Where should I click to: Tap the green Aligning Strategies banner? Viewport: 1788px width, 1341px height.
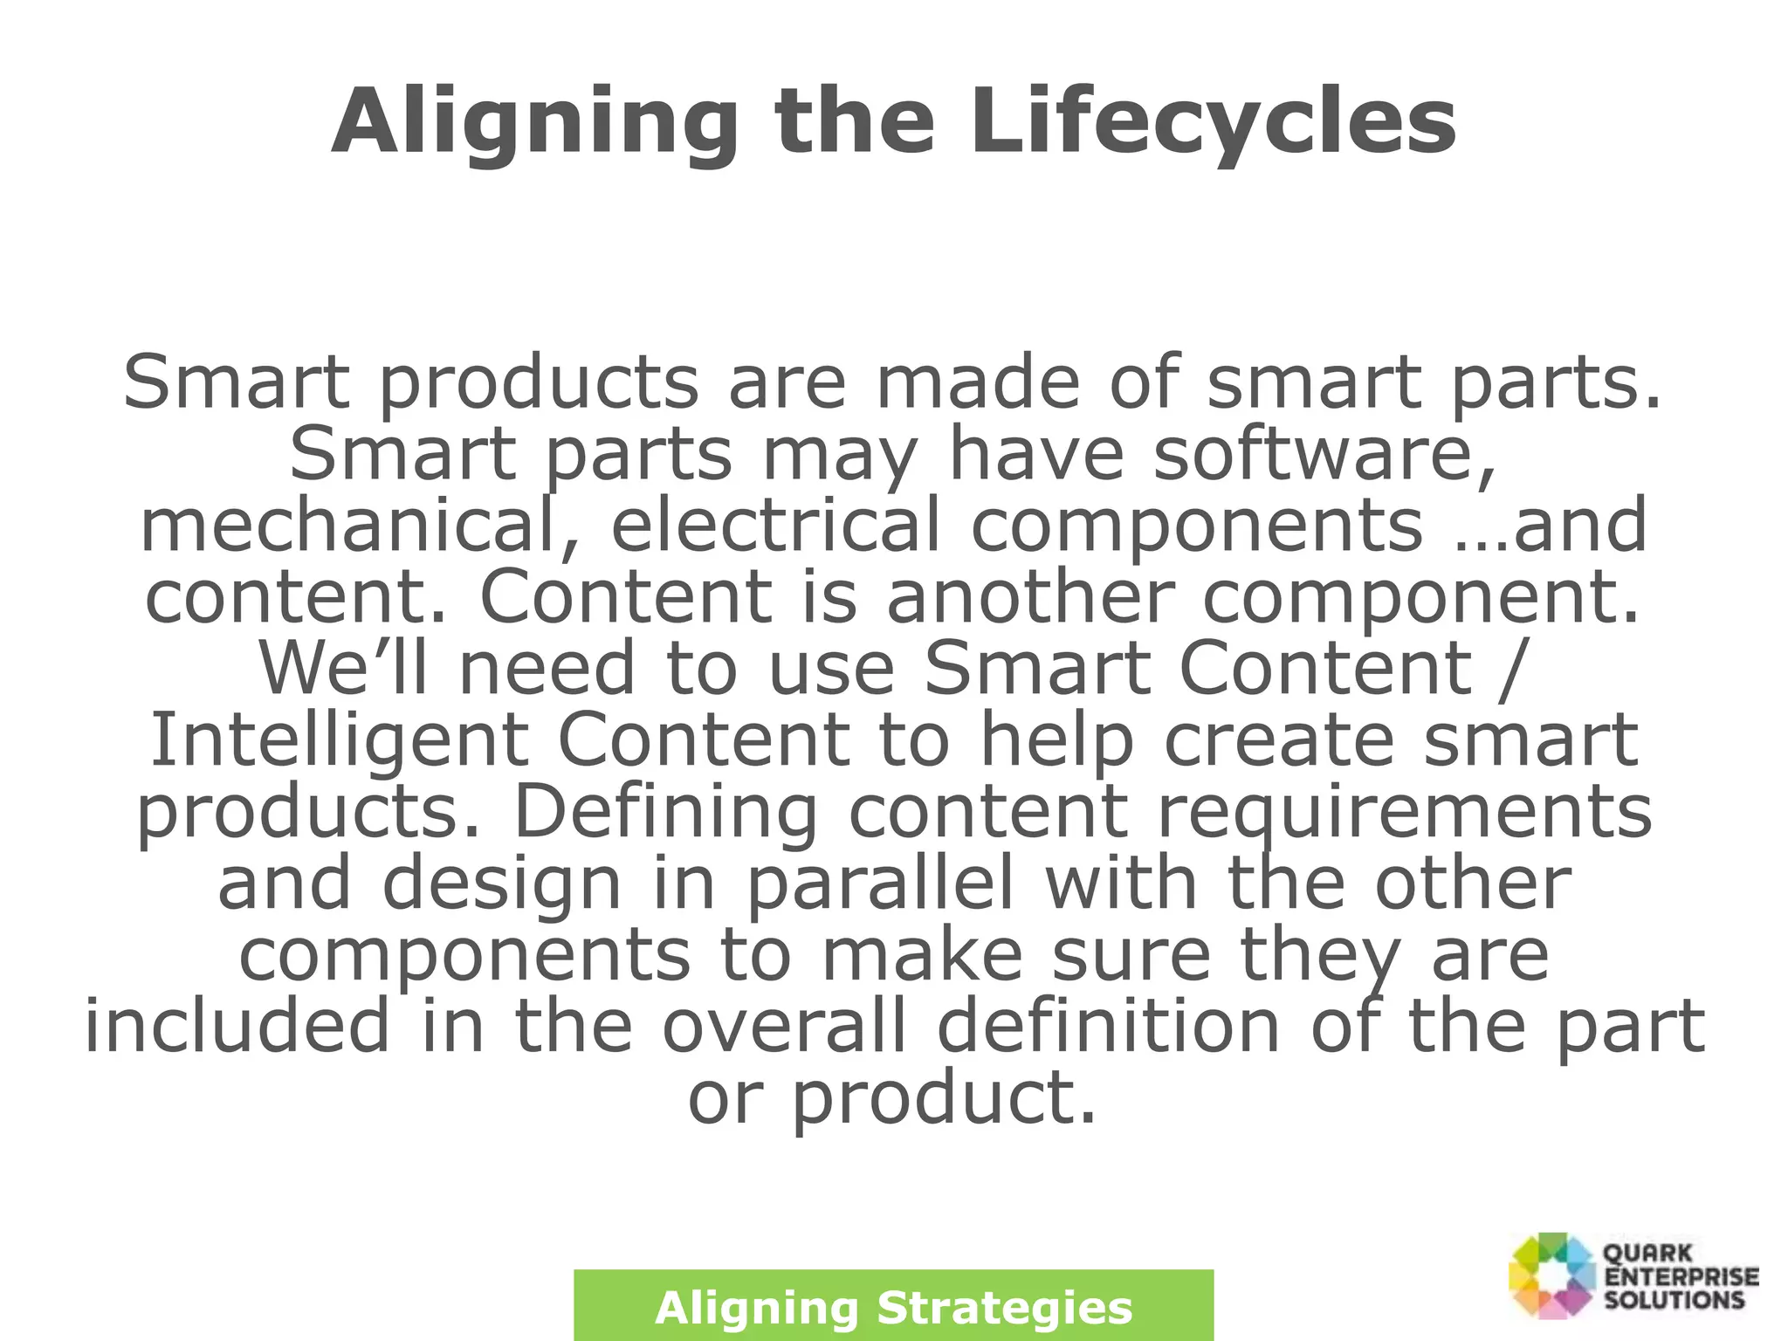coord(893,1306)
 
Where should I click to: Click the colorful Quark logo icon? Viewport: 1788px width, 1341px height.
coord(1552,1274)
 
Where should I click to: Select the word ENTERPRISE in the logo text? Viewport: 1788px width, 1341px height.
coord(1681,1276)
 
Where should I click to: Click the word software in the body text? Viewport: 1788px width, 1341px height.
coord(1324,455)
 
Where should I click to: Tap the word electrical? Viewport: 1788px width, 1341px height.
coord(775,526)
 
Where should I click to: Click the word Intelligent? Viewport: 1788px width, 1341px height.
coord(339,740)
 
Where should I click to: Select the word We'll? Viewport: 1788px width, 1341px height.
coord(343,669)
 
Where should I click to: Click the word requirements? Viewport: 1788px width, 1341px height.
coord(1405,812)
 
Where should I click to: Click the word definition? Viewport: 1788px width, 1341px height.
coord(1109,1027)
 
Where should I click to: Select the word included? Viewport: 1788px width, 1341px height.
coord(237,1027)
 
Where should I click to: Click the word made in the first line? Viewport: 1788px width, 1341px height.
coord(977,382)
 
